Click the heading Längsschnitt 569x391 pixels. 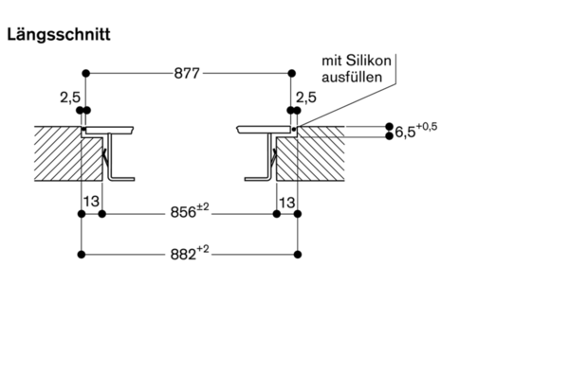click(59, 35)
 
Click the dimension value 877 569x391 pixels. click(188, 73)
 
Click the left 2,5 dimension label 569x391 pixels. click(69, 97)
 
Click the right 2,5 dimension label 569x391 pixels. click(306, 97)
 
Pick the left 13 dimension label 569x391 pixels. click(92, 202)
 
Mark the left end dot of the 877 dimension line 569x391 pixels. click(85, 73)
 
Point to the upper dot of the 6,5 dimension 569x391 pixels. click(389, 126)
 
